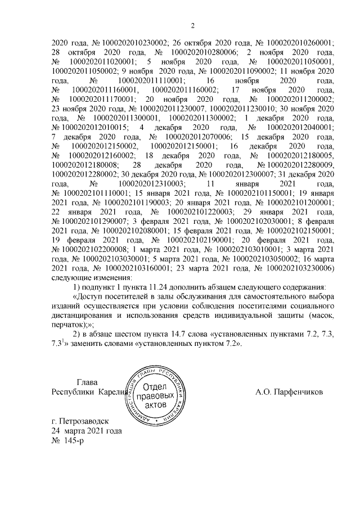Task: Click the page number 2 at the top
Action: (192, 25)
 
